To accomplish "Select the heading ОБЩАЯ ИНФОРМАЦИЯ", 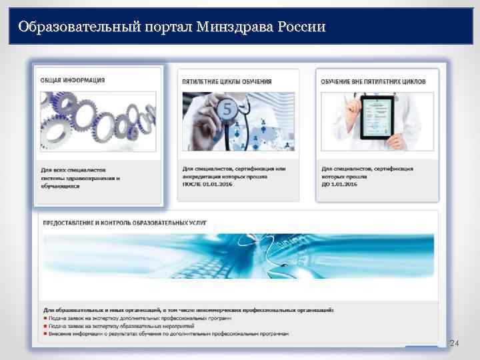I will tap(73, 81).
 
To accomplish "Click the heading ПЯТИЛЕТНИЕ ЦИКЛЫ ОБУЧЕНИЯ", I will tap(227, 81).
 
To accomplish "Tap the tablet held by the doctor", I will tap(377, 116).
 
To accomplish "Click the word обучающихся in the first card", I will tap(61, 187).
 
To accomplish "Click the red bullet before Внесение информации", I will tap(45, 334).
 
